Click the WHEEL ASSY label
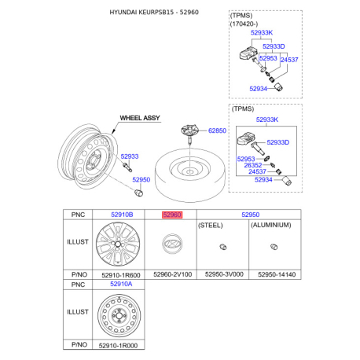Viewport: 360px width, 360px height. click(x=139, y=117)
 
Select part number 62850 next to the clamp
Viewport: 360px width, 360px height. click(x=217, y=130)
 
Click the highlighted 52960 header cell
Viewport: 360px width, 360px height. click(x=171, y=214)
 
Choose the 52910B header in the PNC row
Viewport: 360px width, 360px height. click(x=122, y=214)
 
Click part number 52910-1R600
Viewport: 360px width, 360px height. click(x=122, y=274)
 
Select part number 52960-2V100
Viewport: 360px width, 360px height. click(x=171, y=274)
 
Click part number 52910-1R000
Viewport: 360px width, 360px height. click(x=122, y=343)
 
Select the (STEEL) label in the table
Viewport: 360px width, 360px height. click(x=211, y=225)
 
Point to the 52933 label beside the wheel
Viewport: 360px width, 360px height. click(x=129, y=156)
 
